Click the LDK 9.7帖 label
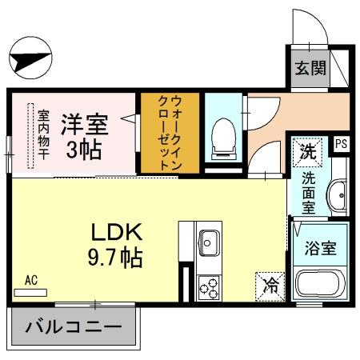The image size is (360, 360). point(115,245)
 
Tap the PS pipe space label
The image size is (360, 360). point(342,145)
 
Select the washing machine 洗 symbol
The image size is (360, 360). point(308,150)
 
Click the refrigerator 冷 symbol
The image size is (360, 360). point(270,284)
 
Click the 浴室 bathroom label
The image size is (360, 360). point(320,247)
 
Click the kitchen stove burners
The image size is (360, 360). point(210,285)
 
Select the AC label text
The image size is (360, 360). point(31,280)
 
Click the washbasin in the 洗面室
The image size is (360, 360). point(338,193)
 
